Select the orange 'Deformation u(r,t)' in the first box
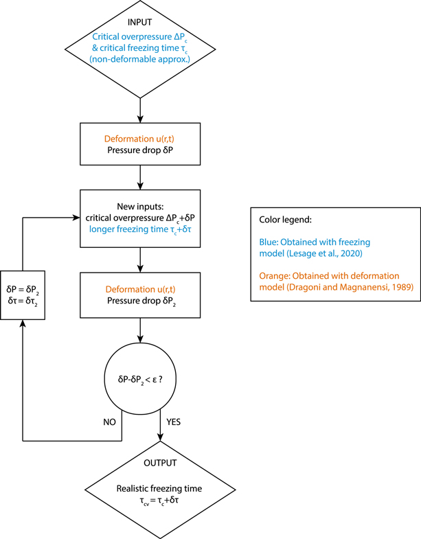140,138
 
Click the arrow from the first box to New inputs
140,177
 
